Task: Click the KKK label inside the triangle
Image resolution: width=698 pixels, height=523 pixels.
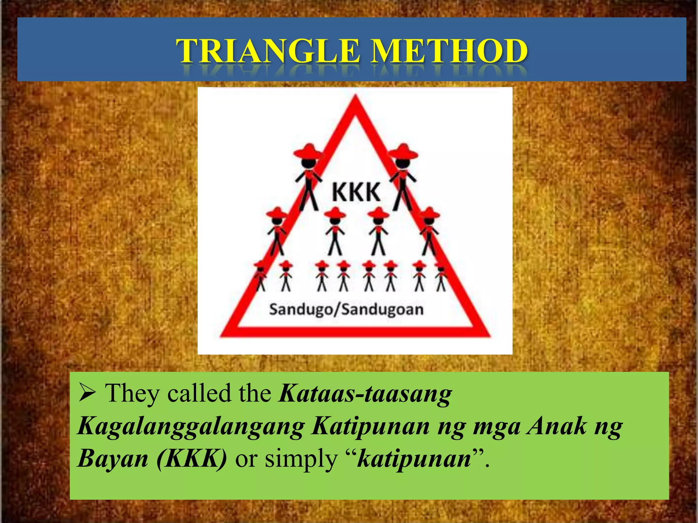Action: click(x=356, y=192)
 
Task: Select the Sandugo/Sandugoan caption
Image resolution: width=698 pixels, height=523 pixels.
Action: click(x=346, y=310)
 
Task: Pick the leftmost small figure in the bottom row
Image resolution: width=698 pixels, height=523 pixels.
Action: click(x=260, y=276)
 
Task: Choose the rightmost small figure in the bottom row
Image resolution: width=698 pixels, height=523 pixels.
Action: click(x=441, y=276)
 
